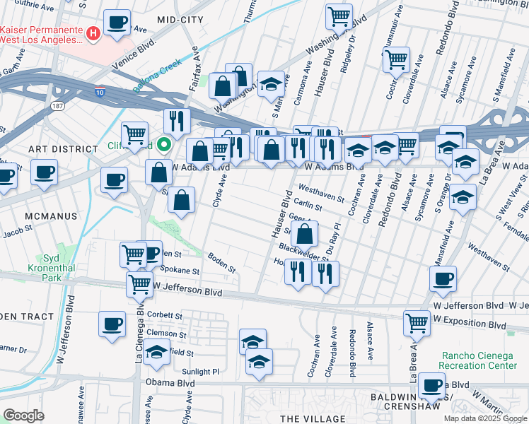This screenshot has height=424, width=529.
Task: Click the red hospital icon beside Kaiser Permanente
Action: pyautogui.click(x=92, y=33)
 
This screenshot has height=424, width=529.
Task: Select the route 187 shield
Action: pyautogui.click(x=56, y=105)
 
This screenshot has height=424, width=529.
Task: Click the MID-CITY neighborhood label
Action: pyautogui.click(x=180, y=20)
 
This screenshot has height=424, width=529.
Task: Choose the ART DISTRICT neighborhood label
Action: pyautogui.click(x=63, y=149)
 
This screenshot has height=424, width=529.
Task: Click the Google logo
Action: pyautogui.click(x=23, y=416)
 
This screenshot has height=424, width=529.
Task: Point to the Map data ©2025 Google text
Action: pyautogui.click(x=484, y=418)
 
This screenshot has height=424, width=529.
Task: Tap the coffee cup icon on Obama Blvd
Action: pyautogui.click(x=431, y=385)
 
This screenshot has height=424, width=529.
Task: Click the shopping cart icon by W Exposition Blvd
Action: pyautogui.click(x=417, y=322)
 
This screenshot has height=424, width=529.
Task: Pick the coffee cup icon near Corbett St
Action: pyautogui.click(x=112, y=323)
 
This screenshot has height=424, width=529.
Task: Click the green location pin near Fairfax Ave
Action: pyautogui.click(x=164, y=145)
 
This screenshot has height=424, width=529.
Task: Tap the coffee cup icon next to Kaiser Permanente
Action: pyautogui.click(x=117, y=21)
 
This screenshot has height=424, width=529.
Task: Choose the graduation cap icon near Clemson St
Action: pyautogui.click(x=156, y=351)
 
